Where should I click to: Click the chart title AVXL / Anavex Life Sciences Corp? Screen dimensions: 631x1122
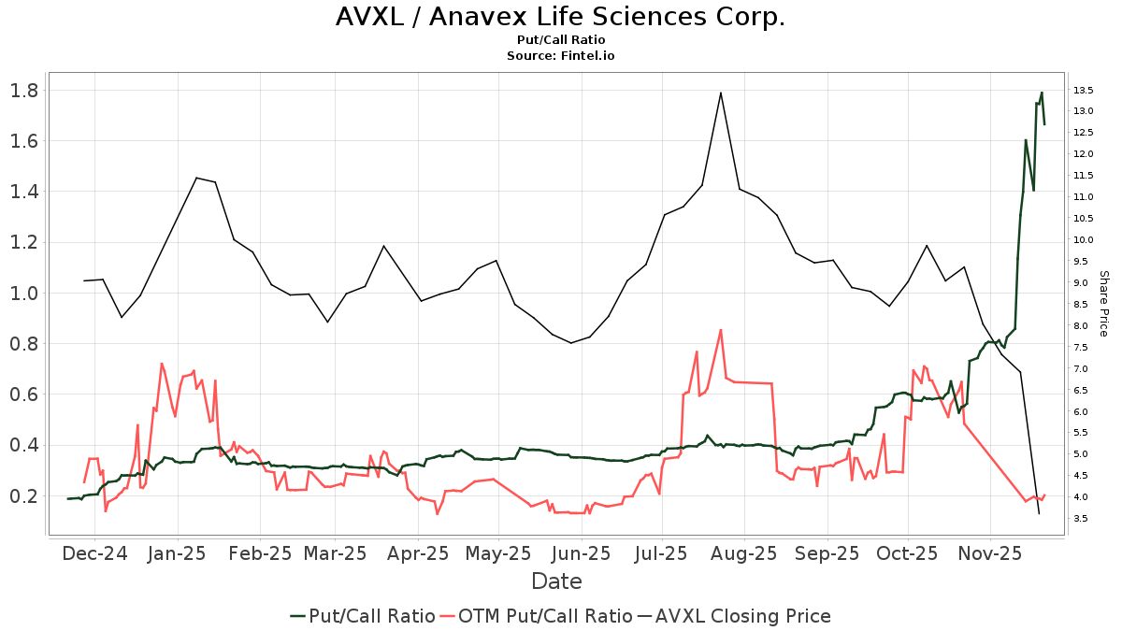(560, 17)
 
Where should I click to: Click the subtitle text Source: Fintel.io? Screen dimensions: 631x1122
(560, 56)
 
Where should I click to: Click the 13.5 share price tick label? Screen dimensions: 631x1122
(1085, 91)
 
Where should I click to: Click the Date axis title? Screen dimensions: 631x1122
(556, 581)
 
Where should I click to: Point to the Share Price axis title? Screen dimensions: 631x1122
(1103, 304)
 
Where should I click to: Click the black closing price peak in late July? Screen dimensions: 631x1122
(721, 93)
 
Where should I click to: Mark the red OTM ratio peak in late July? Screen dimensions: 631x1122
(721, 330)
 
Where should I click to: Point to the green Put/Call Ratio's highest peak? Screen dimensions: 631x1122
(1042, 93)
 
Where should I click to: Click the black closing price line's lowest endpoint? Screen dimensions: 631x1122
(1039, 513)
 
